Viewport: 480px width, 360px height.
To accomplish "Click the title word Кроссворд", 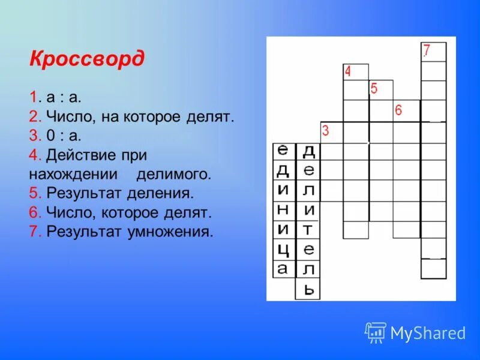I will click(86, 59).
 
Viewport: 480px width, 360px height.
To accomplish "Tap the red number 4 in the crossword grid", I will click(347, 72).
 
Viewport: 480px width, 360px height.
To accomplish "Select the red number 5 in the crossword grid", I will click(374, 89).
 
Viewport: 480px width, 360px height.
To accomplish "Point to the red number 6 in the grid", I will click(398, 110).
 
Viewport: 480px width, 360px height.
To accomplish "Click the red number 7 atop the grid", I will click(427, 50).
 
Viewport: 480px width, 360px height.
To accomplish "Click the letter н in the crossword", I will click(283, 209).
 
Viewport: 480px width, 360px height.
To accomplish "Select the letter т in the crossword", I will click(308, 229).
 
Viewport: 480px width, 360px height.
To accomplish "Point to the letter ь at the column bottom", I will click(308, 289).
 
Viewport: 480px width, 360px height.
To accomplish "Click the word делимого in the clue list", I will click(174, 175).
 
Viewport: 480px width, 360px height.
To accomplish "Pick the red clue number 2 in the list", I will click(32, 116).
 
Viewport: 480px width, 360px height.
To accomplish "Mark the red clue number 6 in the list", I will click(32, 212).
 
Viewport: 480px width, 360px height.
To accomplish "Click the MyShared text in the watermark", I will click(428, 333).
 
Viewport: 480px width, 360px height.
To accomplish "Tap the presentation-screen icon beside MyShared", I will click(376, 332).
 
